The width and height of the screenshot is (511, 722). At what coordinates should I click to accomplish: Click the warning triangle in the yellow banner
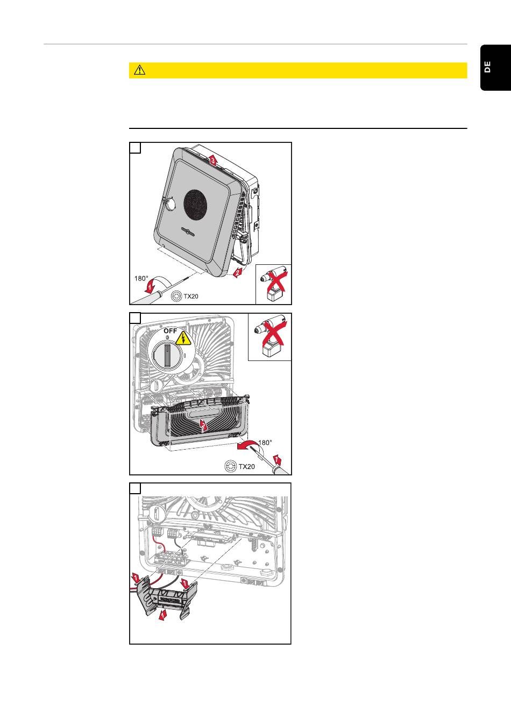pos(140,70)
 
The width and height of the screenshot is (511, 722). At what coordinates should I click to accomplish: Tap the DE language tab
pos(487,67)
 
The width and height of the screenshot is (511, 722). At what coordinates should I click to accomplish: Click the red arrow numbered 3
pos(213,160)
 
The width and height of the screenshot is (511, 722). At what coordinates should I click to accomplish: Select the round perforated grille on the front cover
pos(196,204)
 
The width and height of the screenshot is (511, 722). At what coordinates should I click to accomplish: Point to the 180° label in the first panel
pos(141,278)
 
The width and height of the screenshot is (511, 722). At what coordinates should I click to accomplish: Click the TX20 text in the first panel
pos(191,296)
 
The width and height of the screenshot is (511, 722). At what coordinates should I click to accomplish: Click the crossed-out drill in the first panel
pos(273,284)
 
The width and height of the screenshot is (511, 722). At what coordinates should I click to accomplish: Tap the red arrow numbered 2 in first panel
pos(237,272)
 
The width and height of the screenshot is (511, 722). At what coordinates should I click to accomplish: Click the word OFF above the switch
pos(170,331)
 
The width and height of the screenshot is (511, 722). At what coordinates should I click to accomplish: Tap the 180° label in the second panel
pos(265,443)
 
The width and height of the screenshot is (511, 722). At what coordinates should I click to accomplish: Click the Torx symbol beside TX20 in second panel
pos(230,466)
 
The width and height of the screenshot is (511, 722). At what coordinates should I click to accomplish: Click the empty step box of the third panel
pos(136,488)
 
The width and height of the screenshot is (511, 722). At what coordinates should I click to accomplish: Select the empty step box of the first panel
pos(136,148)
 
